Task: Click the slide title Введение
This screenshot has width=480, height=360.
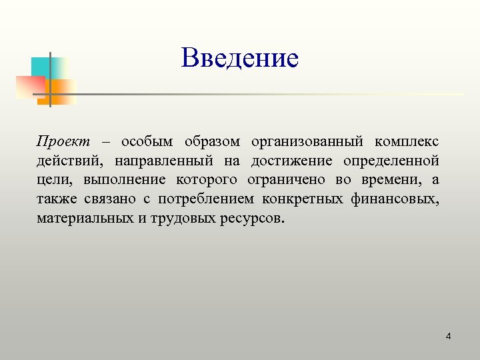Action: point(240,59)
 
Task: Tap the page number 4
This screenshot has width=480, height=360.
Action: point(448,336)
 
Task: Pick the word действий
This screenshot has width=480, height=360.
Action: point(69,161)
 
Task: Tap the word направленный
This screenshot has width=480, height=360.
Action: point(163,161)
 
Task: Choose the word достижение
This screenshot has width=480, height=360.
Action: point(291,161)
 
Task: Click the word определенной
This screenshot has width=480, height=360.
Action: point(392,161)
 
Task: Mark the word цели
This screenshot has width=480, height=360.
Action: point(54,181)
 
